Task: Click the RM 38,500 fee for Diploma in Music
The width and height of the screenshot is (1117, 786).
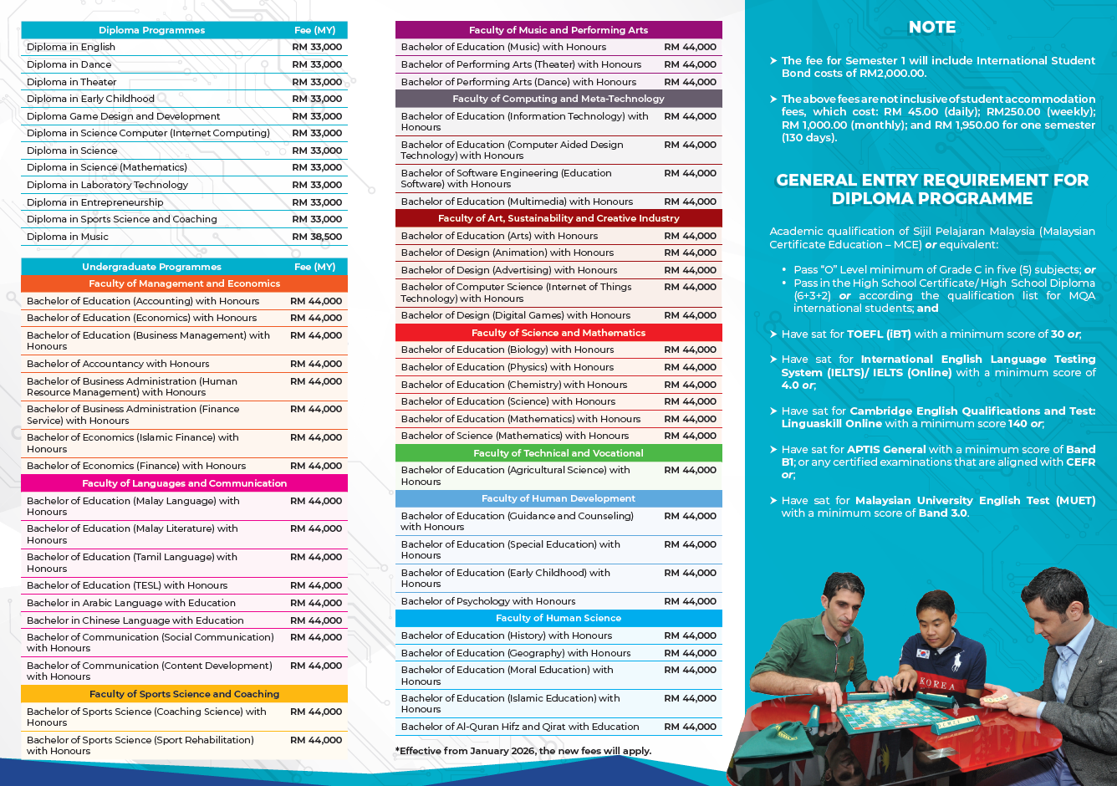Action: tap(317, 237)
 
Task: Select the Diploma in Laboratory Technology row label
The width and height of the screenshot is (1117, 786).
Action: tap(107, 185)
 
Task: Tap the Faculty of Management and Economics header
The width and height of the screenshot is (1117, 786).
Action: tap(184, 283)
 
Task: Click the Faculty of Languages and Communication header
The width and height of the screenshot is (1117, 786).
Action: tap(184, 483)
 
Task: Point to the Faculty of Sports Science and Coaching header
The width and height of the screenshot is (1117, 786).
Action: tap(184, 694)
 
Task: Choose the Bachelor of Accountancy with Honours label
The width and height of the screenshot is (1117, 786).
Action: tap(118, 364)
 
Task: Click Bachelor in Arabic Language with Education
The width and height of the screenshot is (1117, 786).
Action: tap(131, 603)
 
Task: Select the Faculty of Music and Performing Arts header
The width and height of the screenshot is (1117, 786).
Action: tap(558, 30)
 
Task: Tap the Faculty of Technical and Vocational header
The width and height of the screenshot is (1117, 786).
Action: tap(558, 453)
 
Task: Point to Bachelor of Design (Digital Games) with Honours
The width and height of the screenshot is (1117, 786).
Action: tap(516, 315)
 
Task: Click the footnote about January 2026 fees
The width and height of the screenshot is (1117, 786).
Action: tap(523, 751)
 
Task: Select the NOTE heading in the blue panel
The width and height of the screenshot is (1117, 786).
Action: tap(932, 28)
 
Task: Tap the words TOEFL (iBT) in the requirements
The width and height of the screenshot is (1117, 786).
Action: tap(879, 334)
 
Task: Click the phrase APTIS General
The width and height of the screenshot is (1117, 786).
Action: tap(887, 449)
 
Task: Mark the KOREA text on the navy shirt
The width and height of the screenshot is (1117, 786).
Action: tap(937, 684)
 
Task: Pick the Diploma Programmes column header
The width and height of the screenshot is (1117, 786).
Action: tap(151, 30)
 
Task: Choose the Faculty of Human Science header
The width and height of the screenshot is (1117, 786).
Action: tap(558, 618)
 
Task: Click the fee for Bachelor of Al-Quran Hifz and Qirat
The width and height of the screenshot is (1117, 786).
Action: tap(690, 727)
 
